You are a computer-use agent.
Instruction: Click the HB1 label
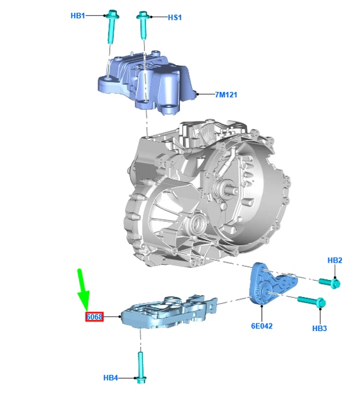click(78, 15)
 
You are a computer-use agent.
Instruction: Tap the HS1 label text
click(174, 17)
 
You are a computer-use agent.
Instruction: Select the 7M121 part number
click(226, 95)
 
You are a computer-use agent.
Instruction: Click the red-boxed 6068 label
click(94, 317)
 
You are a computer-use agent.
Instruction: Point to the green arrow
click(84, 289)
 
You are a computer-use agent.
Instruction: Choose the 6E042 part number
click(262, 326)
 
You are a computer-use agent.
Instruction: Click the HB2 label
click(334, 260)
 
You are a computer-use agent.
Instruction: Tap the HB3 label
click(320, 328)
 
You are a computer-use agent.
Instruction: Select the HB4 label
click(110, 378)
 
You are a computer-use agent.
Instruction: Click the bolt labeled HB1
click(112, 26)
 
